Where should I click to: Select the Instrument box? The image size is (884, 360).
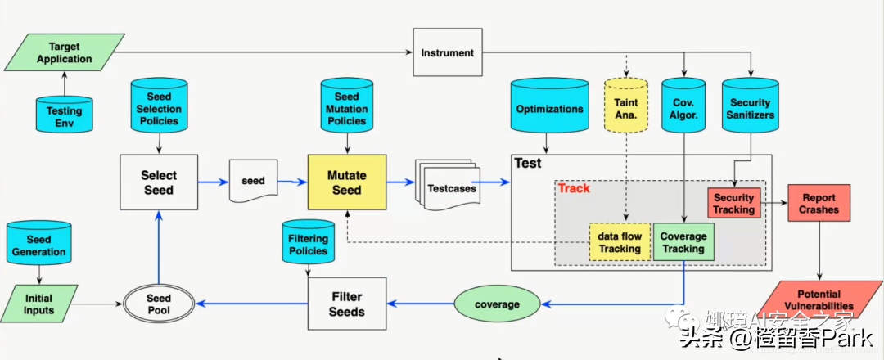tap(447, 53)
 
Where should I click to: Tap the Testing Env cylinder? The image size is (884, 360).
tap(64, 115)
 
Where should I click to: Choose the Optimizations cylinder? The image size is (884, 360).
tap(549, 108)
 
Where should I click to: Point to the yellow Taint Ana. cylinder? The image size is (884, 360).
tap(625, 110)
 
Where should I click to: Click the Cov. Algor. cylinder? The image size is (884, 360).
tap(683, 110)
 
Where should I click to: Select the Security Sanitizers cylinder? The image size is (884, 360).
tap(750, 108)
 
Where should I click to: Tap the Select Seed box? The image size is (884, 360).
tap(159, 182)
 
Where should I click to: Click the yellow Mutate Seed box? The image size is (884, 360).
tap(346, 182)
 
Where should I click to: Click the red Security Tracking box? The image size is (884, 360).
tap(733, 204)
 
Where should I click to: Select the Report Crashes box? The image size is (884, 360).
tap(819, 204)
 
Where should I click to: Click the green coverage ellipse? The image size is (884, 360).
tap(497, 304)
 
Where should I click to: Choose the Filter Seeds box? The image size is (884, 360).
tap(346, 304)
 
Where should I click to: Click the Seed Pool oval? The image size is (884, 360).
tap(159, 305)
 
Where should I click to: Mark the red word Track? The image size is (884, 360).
tap(574, 189)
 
